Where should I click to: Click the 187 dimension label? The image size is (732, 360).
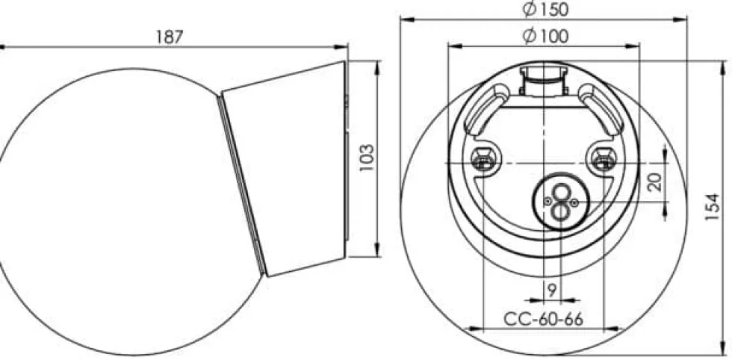tap(169, 37)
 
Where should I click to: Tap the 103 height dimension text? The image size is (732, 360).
tap(367, 158)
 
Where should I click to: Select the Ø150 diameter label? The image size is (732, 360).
tap(545, 10)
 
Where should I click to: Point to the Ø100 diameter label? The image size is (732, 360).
tap(545, 36)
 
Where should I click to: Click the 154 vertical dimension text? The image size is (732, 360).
tap(713, 207)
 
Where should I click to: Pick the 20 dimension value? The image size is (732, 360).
tap(656, 181)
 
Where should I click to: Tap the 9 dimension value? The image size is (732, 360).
tap(552, 291)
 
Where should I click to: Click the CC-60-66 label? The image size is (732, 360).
tap(544, 320)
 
